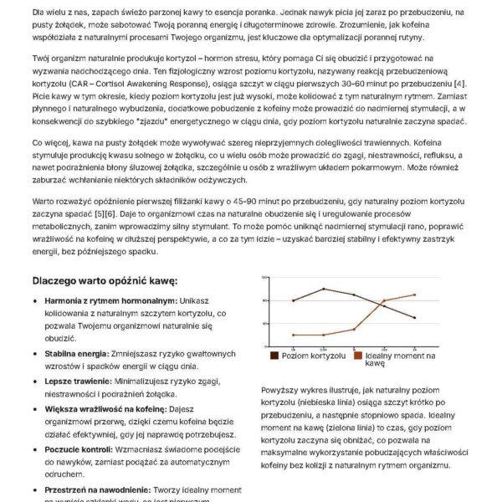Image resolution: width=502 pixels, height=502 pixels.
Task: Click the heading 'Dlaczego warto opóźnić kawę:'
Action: coord(105,280)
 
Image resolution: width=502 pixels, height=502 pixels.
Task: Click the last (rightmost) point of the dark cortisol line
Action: coord(414,317)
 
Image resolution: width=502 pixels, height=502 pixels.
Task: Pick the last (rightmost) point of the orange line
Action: coord(414,295)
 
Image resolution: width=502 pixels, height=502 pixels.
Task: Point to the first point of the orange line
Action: coord(294,335)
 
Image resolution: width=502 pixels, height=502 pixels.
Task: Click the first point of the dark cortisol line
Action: coord(294,300)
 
